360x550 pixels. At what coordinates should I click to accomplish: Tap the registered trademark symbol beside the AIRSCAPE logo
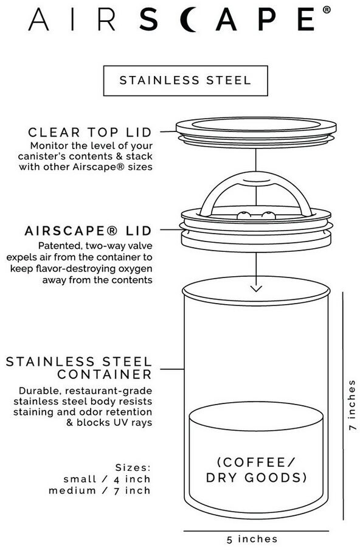(x=326, y=10)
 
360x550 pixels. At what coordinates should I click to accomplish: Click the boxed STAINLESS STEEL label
(x=185, y=80)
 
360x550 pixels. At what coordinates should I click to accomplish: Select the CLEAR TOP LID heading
(x=90, y=132)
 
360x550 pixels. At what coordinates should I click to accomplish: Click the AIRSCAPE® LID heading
(x=88, y=231)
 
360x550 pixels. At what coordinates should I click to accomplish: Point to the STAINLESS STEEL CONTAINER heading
(x=79, y=367)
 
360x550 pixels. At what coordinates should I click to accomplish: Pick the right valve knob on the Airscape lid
(x=269, y=215)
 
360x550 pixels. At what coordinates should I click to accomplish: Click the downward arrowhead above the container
(x=256, y=288)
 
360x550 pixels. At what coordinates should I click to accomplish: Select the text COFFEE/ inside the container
(x=257, y=462)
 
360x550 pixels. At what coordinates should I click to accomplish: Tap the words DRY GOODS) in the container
(x=256, y=478)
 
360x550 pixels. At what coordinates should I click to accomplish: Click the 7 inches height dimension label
(x=351, y=405)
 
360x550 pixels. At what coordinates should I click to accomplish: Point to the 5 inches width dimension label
(x=252, y=539)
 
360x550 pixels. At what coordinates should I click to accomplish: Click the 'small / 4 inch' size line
(x=107, y=479)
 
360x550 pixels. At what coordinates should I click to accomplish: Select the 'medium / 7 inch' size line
(x=100, y=490)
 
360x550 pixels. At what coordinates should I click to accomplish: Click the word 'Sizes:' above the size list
(x=133, y=468)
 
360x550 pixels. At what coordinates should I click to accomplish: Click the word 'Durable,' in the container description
(x=40, y=391)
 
